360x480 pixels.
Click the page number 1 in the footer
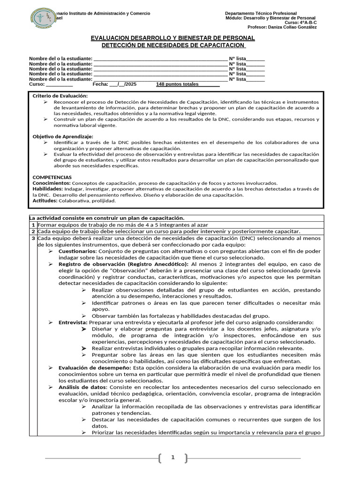(172, 457)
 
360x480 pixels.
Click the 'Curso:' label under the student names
(37, 84)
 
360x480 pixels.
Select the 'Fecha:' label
(100, 84)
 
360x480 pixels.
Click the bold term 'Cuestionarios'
(77, 251)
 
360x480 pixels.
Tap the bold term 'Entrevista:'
(73, 322)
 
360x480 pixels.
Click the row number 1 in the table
(33, 225)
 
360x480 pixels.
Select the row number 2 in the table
(33, 232)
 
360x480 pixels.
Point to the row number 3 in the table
(33, 238)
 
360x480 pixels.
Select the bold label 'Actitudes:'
(45, 201)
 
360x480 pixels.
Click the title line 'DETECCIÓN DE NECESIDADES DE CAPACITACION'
(173, 45)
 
